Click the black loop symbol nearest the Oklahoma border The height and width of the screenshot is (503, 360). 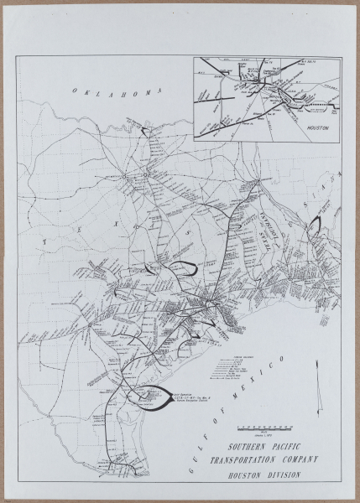[148, 132]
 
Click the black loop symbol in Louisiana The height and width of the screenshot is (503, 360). [316, 224]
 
